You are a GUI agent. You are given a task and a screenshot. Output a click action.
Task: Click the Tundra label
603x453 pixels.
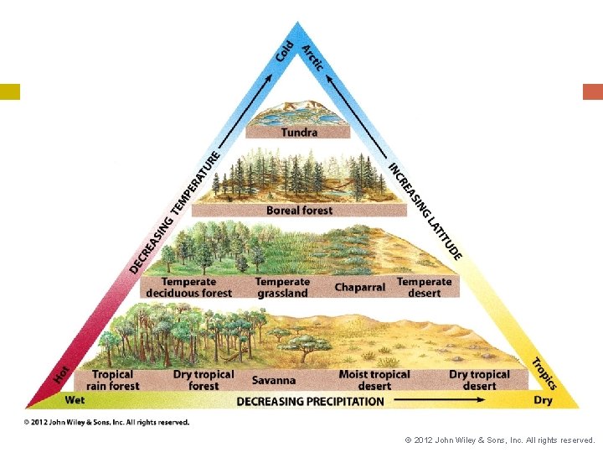tap(299, 133)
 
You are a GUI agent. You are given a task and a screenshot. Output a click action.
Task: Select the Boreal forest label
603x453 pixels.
tap(299, 211)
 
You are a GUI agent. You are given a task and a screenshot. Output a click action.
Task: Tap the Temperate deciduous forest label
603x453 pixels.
tap(188, 288)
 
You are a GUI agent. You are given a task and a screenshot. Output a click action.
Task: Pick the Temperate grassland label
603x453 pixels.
tap(282, 288)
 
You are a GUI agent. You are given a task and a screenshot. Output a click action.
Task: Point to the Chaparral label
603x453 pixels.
tap(360, 288)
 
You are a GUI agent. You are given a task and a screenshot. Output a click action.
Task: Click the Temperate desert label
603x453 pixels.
tap(424, 288)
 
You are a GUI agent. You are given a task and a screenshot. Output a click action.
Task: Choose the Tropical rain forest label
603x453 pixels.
tap(112, 380)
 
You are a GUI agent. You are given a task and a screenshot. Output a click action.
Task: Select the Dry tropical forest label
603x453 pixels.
tap(204, 380)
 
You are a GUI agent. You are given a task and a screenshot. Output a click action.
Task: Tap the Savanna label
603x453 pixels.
tap(274, 380)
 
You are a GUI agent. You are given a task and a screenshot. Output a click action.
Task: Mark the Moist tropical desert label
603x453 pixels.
tap(374, 380)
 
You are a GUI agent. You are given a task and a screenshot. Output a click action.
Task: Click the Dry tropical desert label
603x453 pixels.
tap(479, 380)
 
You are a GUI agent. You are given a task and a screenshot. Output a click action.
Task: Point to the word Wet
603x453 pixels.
tap(75, 400)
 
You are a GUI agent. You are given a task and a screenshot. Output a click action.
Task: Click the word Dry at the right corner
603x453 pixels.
tap(543, 400)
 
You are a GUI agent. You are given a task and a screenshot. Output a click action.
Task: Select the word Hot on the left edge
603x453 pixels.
tap(62, 374)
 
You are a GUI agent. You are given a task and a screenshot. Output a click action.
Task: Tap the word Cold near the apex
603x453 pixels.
tap(285, 50)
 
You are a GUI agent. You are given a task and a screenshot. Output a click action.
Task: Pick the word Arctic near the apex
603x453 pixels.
tap(312, 55)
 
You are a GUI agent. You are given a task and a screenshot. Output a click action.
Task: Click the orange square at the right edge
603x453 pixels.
tap(592, 91)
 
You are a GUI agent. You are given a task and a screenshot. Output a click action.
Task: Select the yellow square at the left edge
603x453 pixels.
tap(10, 91)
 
